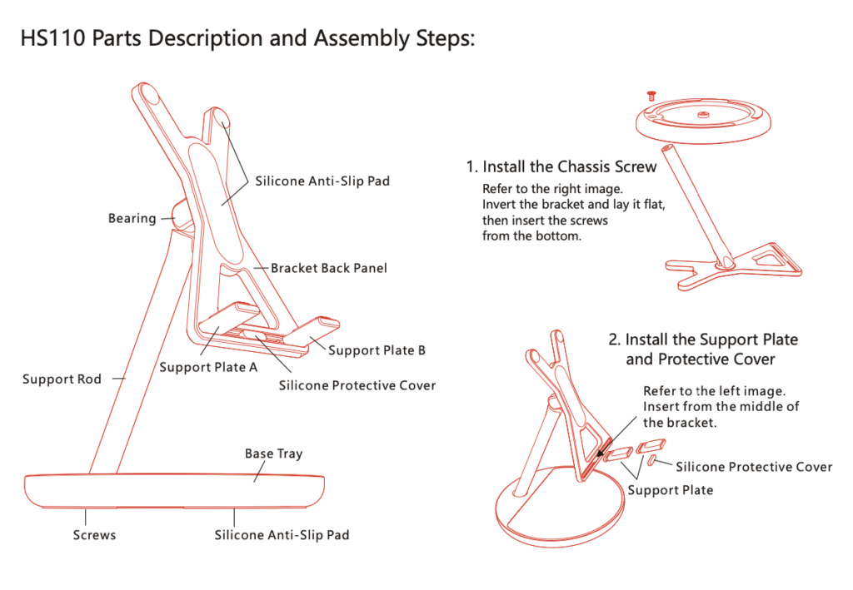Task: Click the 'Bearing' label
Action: (132, 218)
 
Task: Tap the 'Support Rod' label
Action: (62, 379)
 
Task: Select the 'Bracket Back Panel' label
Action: (329, 268)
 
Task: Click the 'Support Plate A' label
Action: (208, 367)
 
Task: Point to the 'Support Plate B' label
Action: (377, 350)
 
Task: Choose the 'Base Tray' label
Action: (273, 454)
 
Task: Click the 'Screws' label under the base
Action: (94, 535)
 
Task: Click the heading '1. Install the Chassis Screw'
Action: (561, 166)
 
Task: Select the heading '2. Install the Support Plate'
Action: (703, 340)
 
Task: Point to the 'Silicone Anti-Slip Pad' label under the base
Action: (282, 535)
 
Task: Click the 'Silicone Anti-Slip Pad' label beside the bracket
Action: (322, 181)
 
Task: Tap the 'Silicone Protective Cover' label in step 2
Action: (754, 467)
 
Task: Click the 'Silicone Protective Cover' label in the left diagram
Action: (357, 385)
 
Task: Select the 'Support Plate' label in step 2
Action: (671, 490)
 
